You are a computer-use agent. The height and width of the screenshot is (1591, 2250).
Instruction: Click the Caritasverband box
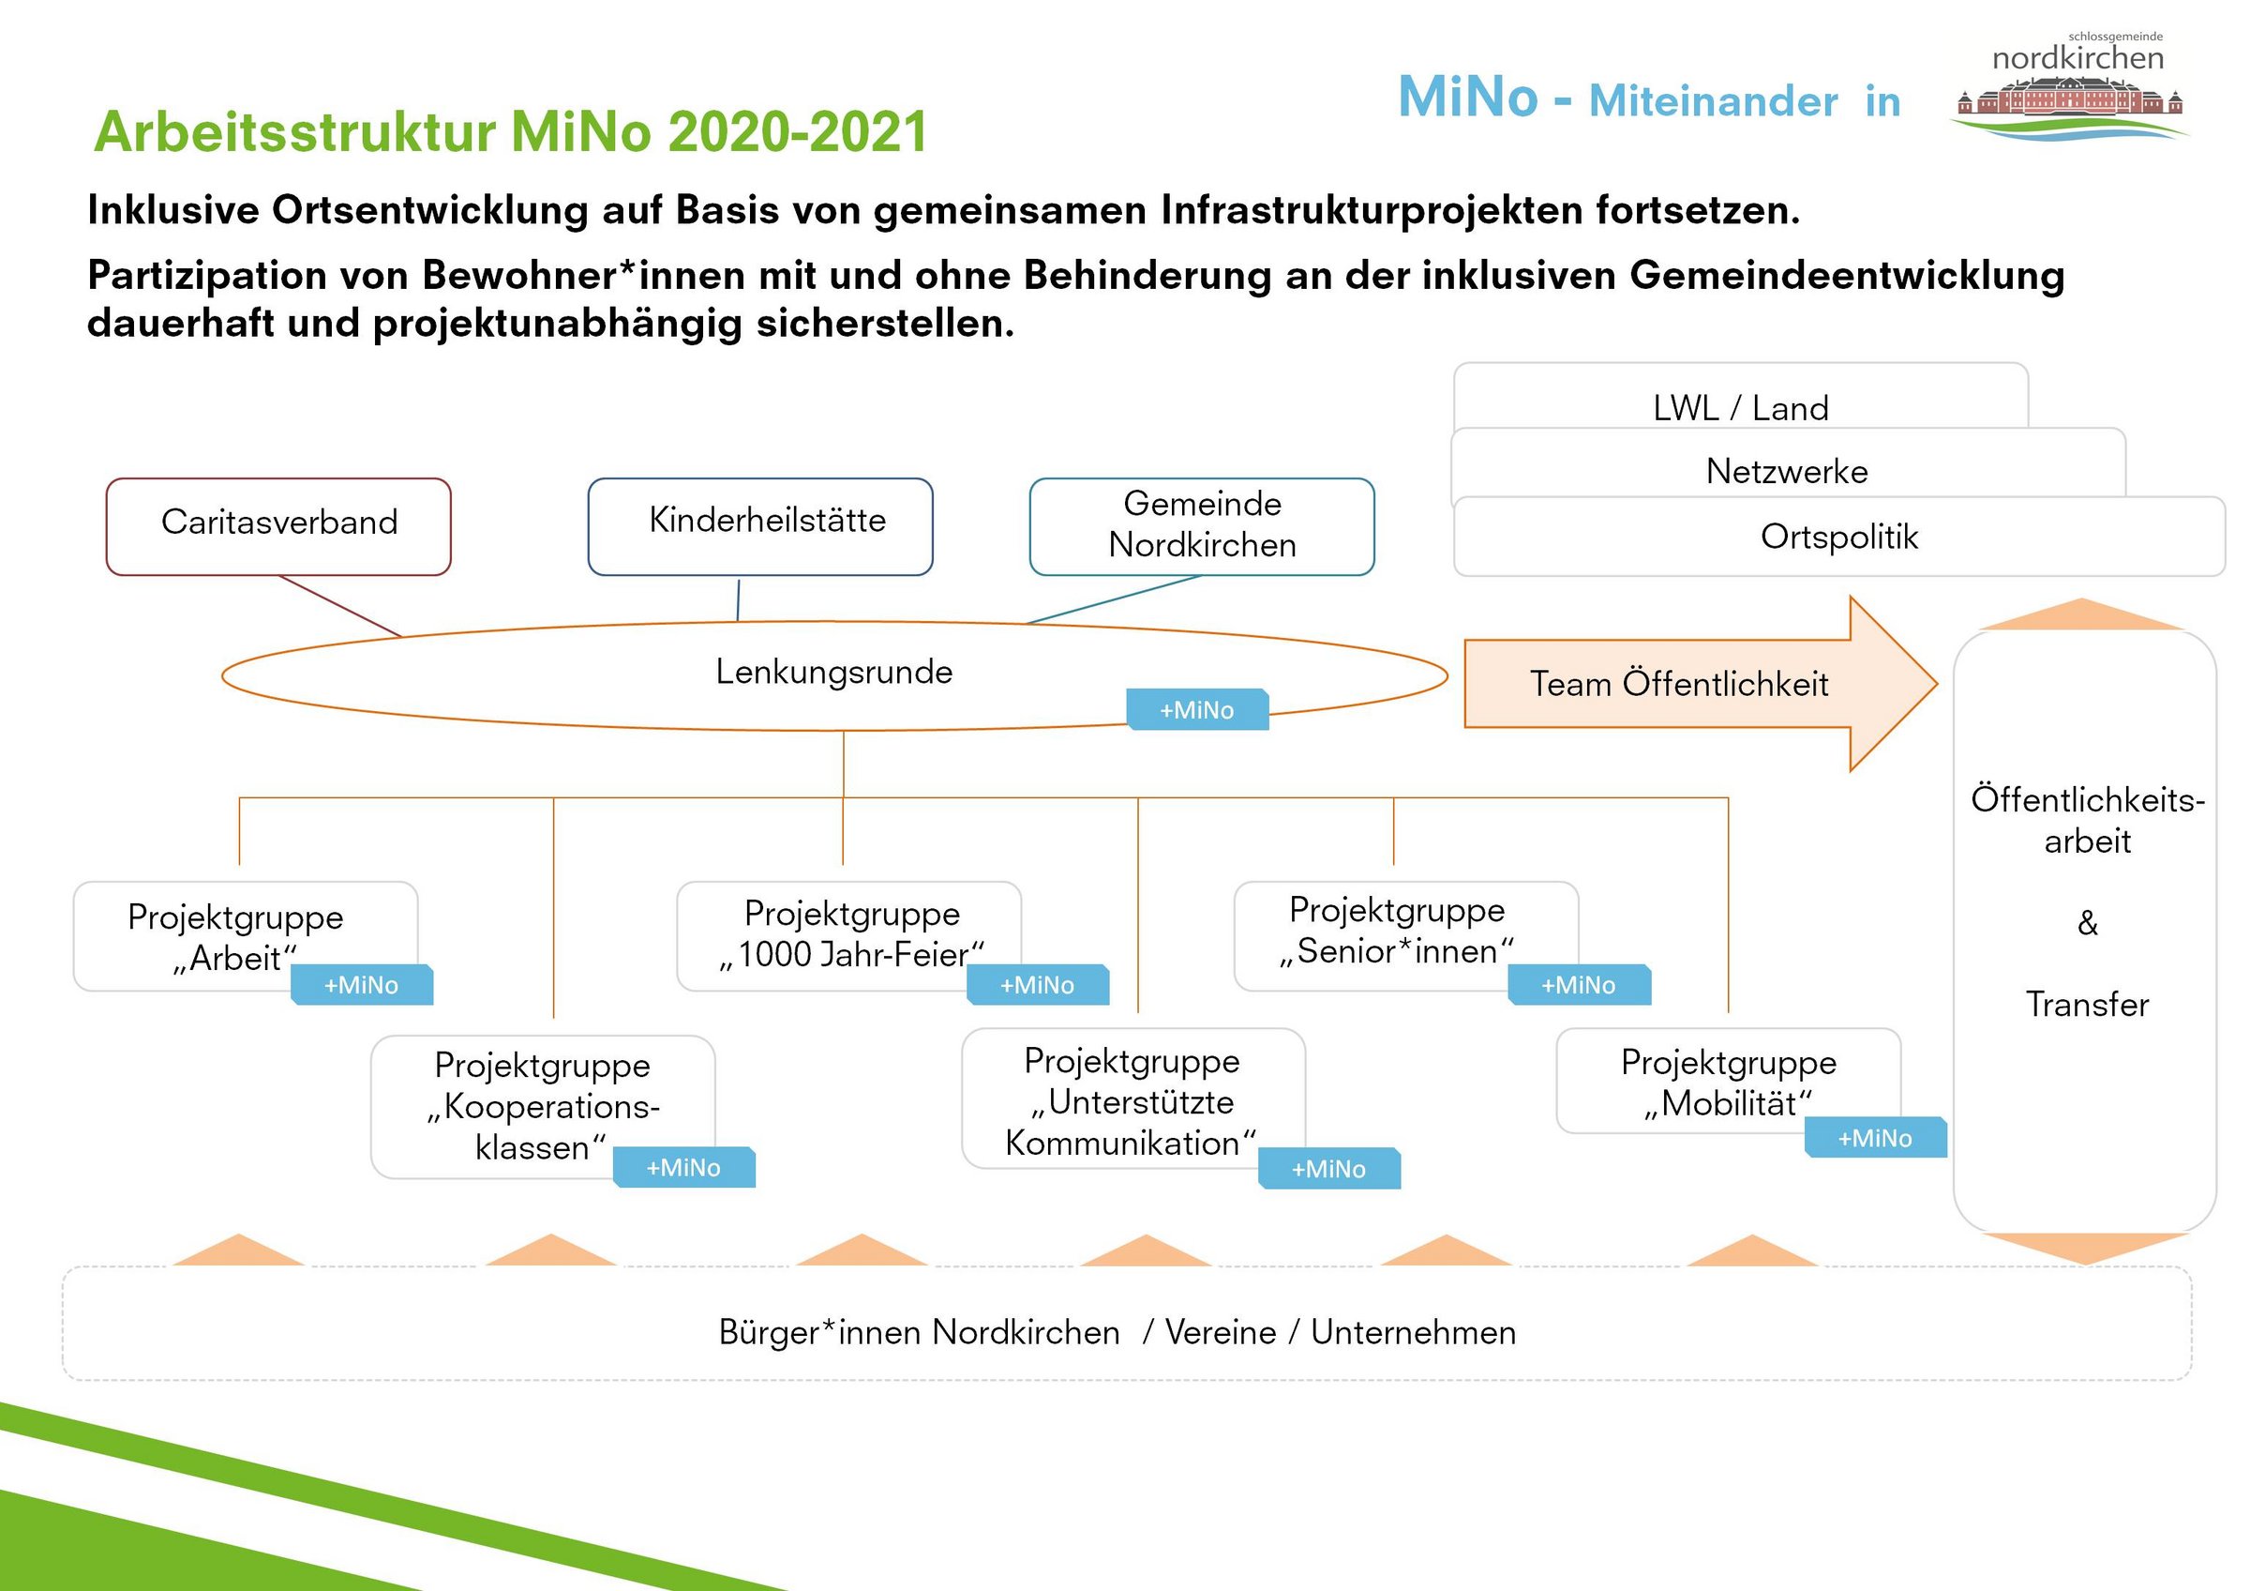278,525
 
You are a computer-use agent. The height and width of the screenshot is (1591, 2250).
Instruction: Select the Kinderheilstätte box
760,525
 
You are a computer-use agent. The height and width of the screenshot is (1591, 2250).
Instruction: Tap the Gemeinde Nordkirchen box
1202,525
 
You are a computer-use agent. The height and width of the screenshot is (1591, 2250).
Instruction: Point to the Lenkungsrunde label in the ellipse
834,673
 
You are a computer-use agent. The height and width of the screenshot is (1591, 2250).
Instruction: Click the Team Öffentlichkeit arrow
1679,683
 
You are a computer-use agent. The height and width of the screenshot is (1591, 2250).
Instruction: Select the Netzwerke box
1787,471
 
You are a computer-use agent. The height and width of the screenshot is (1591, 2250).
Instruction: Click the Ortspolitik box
1838,537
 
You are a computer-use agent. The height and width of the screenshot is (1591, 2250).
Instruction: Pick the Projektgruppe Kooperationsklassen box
542,1103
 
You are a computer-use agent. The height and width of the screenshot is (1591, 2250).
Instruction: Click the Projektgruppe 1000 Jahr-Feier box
848,932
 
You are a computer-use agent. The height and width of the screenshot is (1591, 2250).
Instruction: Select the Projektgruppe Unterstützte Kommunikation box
1132,1098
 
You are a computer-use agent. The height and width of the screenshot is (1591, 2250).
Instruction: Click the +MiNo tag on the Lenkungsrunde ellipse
1197,710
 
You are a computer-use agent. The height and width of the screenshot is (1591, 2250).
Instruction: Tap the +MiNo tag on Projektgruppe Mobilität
1875,1138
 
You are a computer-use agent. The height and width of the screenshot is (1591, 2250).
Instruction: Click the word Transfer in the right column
2086,1005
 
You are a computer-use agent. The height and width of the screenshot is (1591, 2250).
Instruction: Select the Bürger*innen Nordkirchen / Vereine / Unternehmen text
1117,1332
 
